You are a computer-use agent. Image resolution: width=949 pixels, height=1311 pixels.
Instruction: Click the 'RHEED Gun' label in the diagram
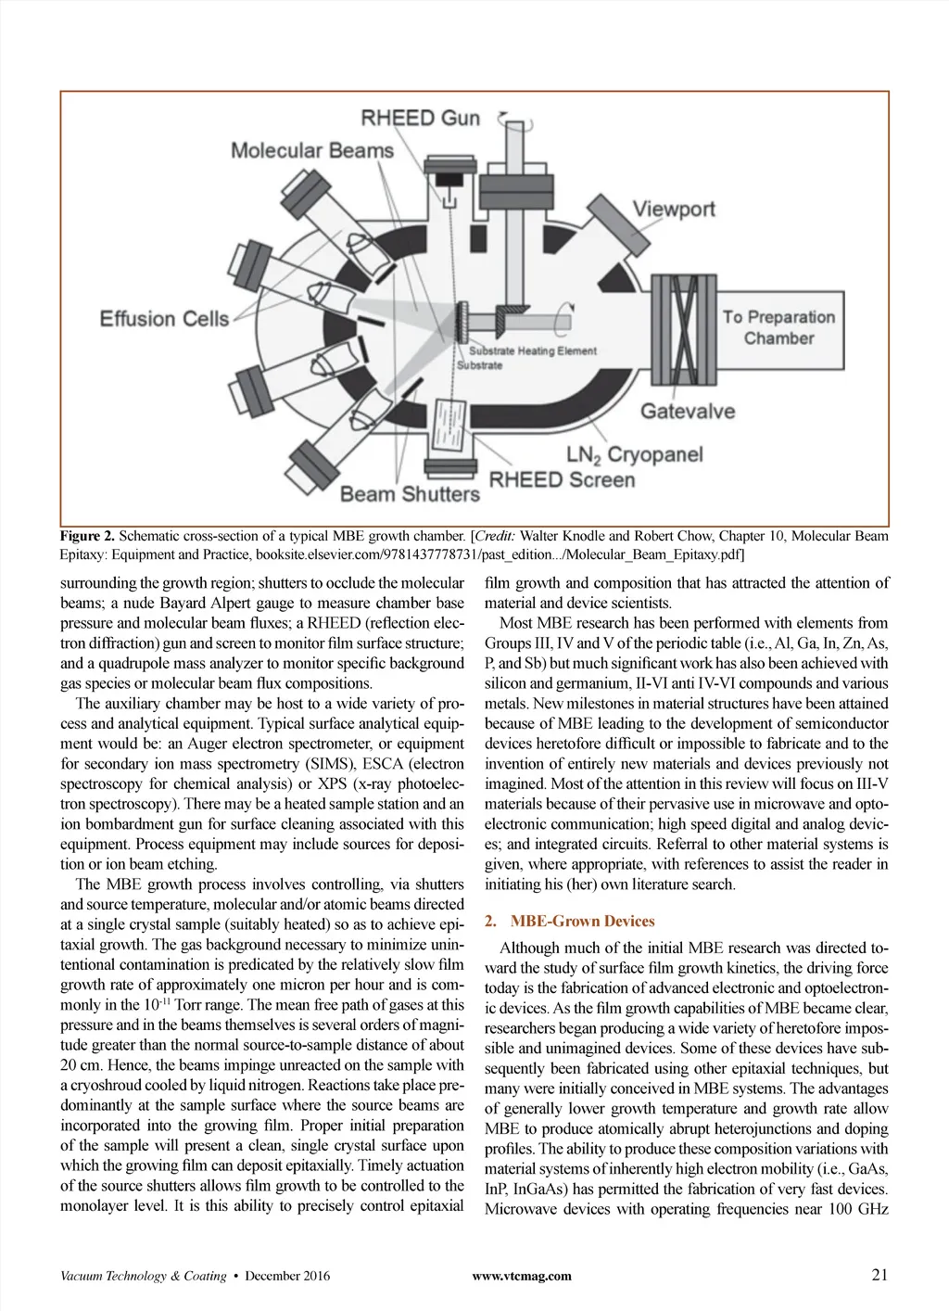(420, 118)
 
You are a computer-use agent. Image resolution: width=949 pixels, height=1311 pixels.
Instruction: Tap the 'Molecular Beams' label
(311, 150)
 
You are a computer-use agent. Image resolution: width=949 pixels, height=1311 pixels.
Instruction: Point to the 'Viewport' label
(674, 209)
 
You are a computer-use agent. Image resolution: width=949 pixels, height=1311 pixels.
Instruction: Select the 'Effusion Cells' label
(164, 319)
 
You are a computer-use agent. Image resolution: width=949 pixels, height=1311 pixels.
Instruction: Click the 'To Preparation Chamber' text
(778, 327)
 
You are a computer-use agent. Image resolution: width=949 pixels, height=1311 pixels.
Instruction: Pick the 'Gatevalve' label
(687, 411)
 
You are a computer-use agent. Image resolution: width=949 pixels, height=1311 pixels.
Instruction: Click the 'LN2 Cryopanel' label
(634, 455)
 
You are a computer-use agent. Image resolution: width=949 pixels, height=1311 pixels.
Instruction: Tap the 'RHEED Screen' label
(562, 480)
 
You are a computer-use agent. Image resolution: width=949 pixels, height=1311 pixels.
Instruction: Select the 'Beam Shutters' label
(410, 494)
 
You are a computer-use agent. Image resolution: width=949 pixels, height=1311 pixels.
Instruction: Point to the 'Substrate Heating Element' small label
(532, 351)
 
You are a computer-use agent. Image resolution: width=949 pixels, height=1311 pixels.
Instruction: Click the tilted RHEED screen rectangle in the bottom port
(449, 426)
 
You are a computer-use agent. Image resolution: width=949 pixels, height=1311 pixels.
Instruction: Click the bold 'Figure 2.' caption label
(88, 536)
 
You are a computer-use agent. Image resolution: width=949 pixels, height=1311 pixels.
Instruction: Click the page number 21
(879, 1274)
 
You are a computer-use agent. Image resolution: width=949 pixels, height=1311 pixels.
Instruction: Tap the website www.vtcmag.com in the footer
(522, 1276)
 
